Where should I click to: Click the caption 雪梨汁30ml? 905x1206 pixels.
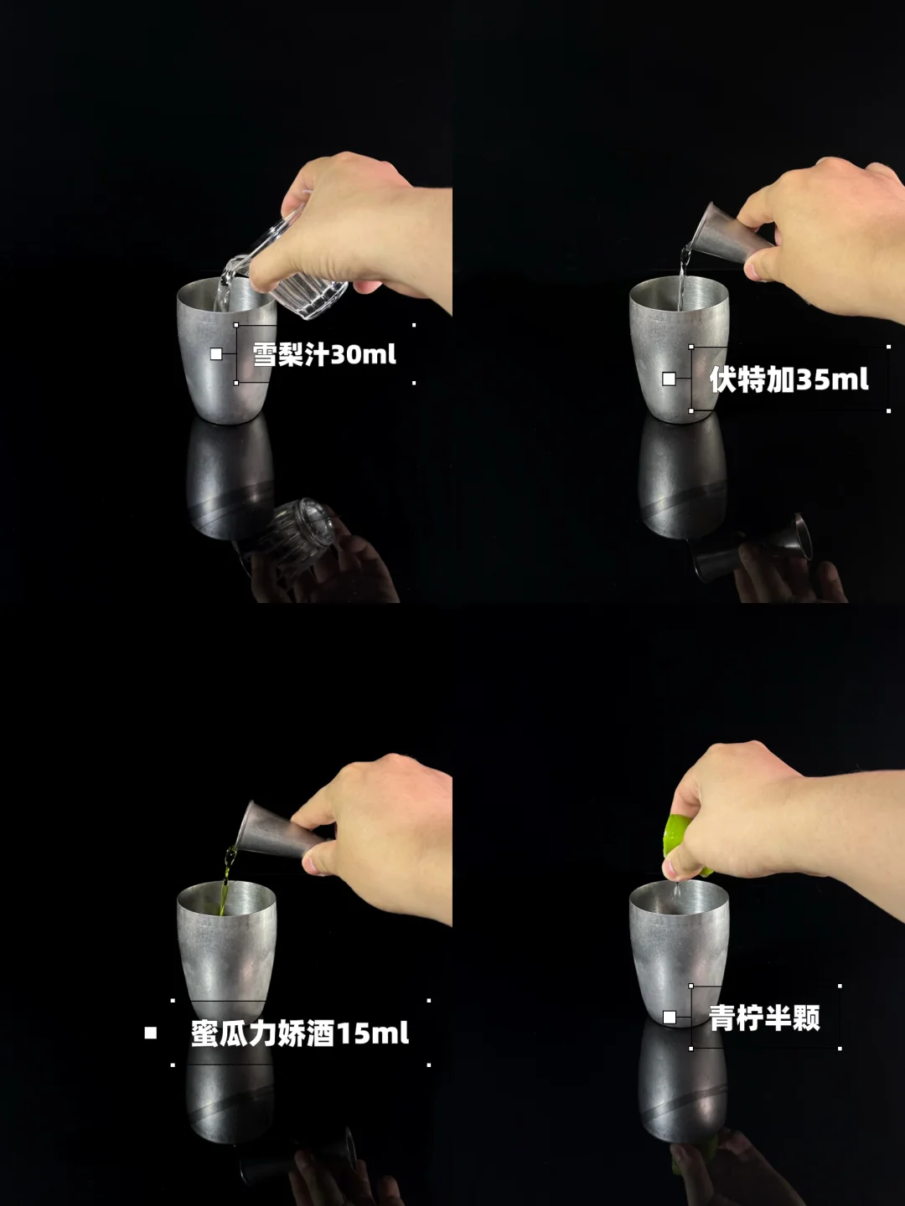point(324,354)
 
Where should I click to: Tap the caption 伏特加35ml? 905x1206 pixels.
point(789,379)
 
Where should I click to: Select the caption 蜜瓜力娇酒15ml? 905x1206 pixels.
point(300,1033)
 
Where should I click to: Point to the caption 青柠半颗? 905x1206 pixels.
point(764,1018)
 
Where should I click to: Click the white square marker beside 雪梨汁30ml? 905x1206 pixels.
point(216,354)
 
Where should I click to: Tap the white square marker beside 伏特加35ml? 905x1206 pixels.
point(669,379)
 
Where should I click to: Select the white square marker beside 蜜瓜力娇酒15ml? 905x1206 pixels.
point(151,1033)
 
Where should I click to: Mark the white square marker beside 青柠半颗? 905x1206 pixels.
point(670,1017)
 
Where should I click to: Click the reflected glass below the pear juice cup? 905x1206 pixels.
point(292,536)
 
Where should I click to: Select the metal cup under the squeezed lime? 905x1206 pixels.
point(679,953)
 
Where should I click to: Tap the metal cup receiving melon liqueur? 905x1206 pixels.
point(226,953)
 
